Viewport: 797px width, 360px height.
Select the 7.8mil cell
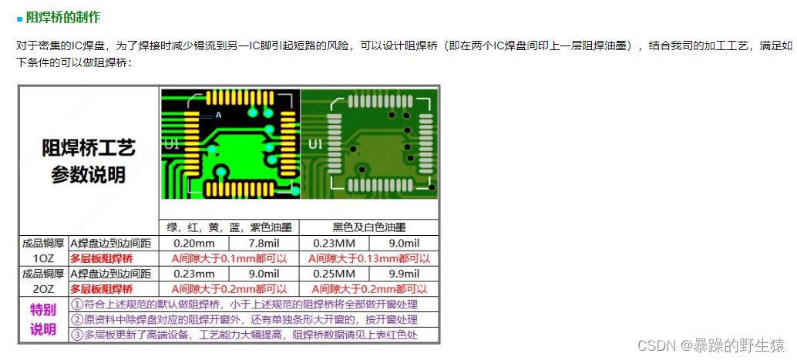[x=263, y=243]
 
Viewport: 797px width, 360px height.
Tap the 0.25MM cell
[x=334, y=274]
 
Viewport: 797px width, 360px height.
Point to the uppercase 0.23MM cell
[x=334, y=243]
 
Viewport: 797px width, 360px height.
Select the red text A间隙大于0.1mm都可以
[x=229, y=258]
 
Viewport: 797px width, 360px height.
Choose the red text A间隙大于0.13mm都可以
[x=368, y=258]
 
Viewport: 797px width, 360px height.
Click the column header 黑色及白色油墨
[x=368, y=227]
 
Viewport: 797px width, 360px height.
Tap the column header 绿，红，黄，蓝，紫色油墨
[x=229, y=227]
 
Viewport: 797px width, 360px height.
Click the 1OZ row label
[x=44, y=258]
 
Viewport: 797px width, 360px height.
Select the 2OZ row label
[x=44, y=289]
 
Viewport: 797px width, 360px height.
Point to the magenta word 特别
[x=43, y=311]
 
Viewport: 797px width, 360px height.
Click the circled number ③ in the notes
[x=77, y=335]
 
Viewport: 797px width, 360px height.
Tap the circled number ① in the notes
[x=77, y=304]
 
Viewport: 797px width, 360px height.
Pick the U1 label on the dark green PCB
[x=315, y=143]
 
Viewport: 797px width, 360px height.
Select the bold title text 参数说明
[x=89, y=175]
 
